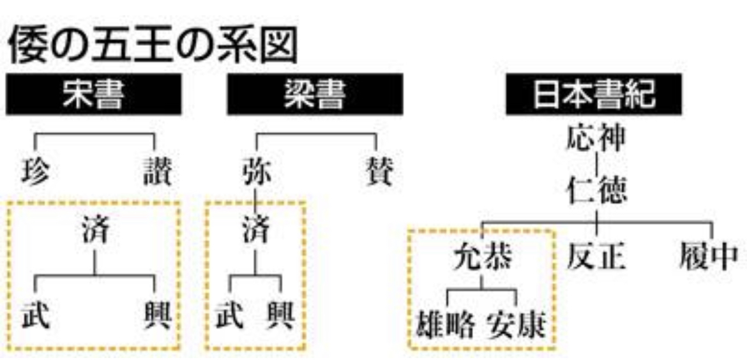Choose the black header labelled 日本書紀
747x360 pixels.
[x=594, y=95]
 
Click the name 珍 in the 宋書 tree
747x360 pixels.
[x=35, y=173]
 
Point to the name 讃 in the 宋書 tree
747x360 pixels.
[x=157, y=173]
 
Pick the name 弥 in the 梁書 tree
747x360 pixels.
[x=256, y=173]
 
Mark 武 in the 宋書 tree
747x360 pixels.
[x=35, y=315]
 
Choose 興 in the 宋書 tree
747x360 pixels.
[x=157, y=315]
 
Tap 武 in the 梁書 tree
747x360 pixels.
[x=230, y=315]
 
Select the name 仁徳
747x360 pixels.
[x=595, y=190]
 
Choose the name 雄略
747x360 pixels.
[x=447, y=326]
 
